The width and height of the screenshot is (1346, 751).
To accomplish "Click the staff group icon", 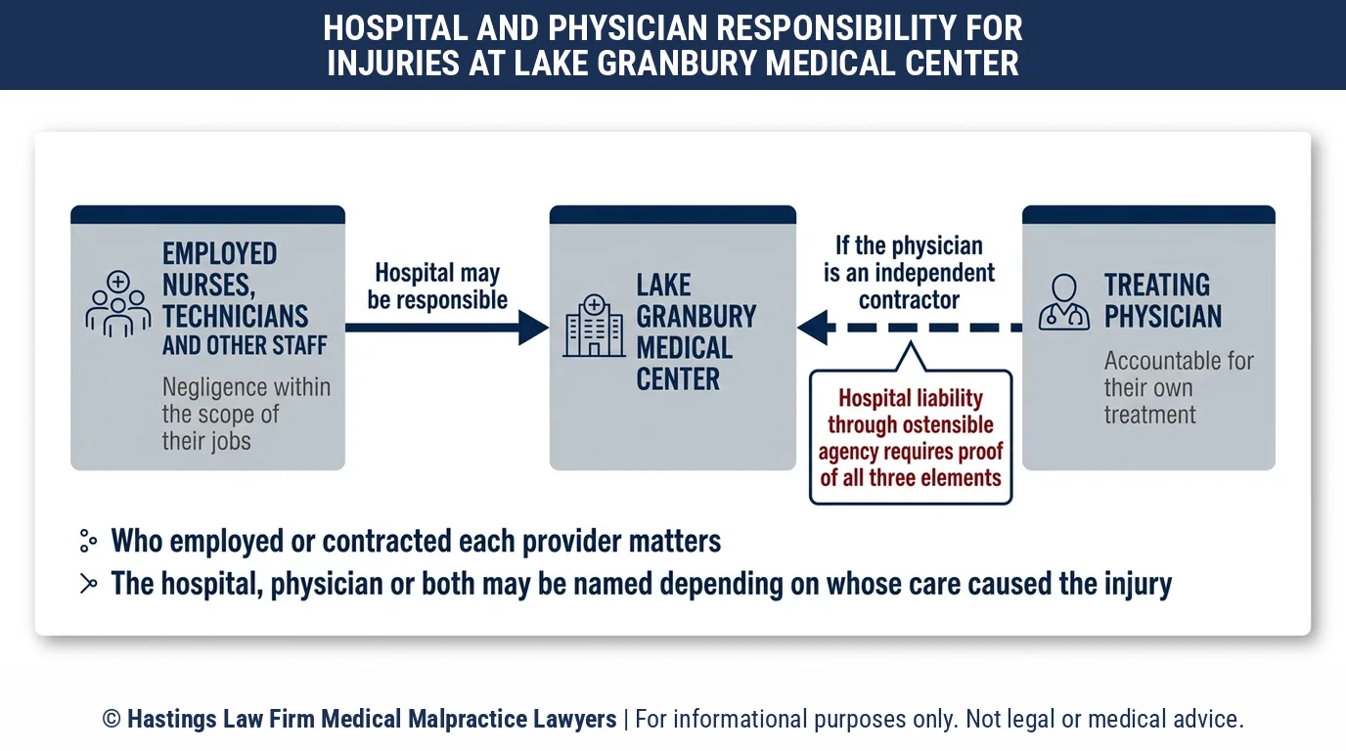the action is click(117, 303).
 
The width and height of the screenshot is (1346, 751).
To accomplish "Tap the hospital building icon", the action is click(595, 326).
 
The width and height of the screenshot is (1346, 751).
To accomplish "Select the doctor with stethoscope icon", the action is click(1064, 302).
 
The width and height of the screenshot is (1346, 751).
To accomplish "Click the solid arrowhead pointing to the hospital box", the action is click(533, 328).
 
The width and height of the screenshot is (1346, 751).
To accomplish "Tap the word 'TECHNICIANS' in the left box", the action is click(235, 316).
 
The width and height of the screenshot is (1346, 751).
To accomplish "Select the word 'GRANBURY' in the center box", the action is click(695, 317).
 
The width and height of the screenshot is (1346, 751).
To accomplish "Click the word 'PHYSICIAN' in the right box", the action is click(1163, 317).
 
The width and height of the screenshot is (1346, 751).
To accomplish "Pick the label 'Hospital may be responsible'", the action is click(437, 287).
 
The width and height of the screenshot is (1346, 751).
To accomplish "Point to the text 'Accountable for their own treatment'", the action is click(1179, 387).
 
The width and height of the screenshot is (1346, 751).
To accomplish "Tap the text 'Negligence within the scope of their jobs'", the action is click(247, 414).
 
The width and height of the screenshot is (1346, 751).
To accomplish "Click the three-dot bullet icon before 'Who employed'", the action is click(88, 541).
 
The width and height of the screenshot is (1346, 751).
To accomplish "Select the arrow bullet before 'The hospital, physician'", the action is click(88, 584).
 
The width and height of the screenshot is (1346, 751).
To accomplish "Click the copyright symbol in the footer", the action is click(112, 719).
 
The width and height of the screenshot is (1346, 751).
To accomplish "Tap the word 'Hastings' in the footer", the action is click(172, 719).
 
